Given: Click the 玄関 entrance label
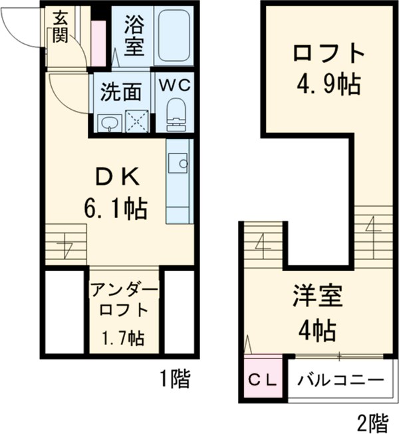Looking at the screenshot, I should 60,27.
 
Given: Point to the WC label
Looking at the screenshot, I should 175,85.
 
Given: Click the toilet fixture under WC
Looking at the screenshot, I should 176,114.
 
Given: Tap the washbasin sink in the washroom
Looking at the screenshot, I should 108,122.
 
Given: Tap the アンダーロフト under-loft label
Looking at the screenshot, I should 124,300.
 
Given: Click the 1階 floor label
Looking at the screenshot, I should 174,380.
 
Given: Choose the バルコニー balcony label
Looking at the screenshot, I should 340,381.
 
